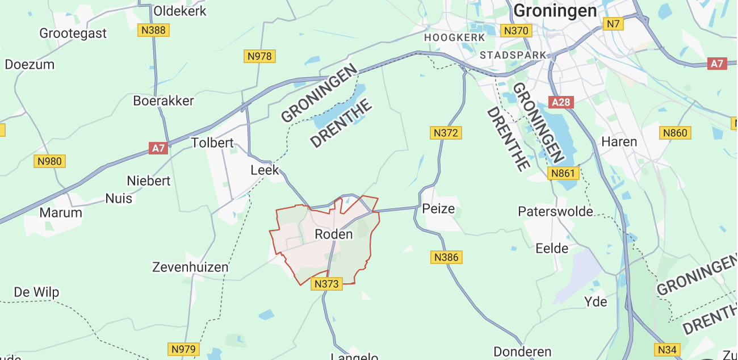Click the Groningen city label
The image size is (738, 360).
555,11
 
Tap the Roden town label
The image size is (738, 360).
333,234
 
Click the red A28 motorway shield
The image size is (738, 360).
561,102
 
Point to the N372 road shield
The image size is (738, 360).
446,133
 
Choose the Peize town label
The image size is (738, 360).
439,209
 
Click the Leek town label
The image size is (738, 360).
265,170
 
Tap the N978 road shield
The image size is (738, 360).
260,56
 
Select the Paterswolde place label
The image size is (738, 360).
555,212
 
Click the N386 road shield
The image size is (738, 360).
446,257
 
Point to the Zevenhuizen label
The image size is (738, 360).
190,267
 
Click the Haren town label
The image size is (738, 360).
619,141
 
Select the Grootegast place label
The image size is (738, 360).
73,33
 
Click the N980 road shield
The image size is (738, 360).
49,161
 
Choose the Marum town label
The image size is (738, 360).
61,213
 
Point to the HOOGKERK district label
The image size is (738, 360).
455,37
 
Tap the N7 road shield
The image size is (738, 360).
613,24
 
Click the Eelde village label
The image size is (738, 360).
552,248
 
